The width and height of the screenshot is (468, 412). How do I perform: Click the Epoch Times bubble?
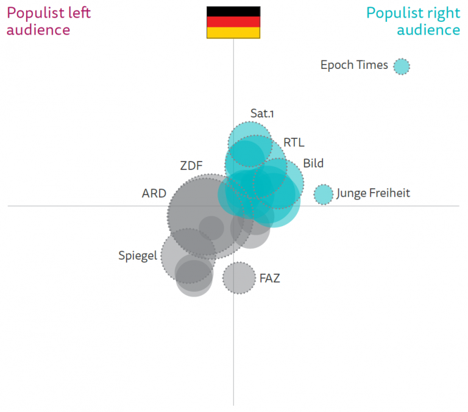(401, 66)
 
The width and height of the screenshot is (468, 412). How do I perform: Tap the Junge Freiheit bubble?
(324, 194)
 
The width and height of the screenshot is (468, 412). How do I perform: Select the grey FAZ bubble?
(238, 278)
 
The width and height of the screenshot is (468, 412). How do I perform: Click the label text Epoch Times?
(354, 65)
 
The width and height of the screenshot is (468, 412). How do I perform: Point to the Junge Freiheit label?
(373, 193)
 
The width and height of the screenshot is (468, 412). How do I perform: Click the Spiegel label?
(137, 257)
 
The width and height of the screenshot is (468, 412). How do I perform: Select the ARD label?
(154, 193)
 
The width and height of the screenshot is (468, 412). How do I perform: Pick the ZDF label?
(191, 165)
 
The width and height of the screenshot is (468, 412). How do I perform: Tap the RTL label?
(294, 143)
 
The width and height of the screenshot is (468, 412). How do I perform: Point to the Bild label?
(313, 163)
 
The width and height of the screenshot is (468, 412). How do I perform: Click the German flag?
(233, 23)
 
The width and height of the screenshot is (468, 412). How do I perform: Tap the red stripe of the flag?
(233, 23)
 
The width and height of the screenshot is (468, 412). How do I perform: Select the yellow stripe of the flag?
(233, 33)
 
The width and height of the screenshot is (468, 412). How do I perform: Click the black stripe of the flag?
(233, 12)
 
